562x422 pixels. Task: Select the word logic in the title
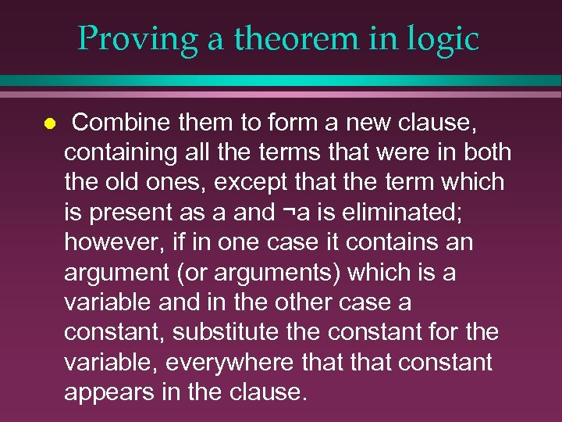click(x=442, y=38)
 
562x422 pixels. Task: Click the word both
click(x=486, y=152)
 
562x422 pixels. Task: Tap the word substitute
click(x=225, y=331)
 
